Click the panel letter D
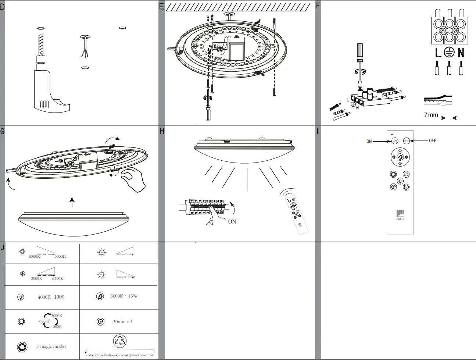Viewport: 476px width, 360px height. [x=2, y=6]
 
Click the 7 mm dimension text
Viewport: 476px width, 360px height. [x=431, y=115]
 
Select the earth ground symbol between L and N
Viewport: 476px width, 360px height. [x=449, y=53]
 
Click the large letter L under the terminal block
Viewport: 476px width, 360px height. [x=438, y=53]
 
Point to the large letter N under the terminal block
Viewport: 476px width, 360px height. [x=461, y=53]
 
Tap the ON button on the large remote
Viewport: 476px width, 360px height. [x=394, y=141]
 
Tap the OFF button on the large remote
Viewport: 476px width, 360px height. [x=406, y=141]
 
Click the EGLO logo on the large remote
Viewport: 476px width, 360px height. [x=400, y=215]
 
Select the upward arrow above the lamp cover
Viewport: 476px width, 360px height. [x=72, y=202]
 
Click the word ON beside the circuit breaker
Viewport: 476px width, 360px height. [x=232, y=222]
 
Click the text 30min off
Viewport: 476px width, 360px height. [x=122, y=322]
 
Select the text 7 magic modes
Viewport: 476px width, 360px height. [x=51, y=346]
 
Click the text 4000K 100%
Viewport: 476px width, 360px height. [x=51, y=297]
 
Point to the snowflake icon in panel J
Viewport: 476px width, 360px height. [x=22, y=274]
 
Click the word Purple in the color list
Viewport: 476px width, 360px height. [x=149, y=355]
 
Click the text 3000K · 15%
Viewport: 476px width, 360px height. [x=124, y=296]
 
